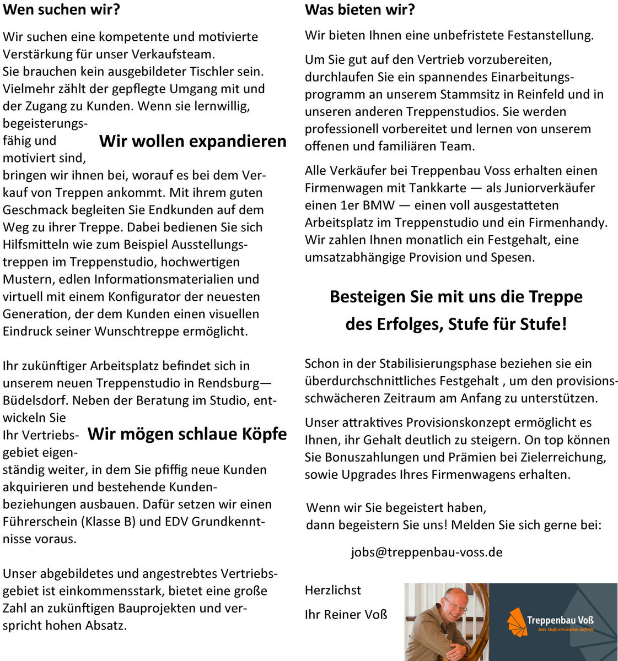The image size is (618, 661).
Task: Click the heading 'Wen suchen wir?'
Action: (x=62, y=9)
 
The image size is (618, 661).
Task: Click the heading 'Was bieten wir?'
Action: (x=359, y=9)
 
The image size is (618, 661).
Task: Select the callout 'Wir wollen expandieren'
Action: (x=193, y=142)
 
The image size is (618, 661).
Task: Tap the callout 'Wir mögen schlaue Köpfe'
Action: (x=187, y=434)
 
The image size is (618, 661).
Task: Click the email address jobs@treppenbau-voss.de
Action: (x=426, y=552)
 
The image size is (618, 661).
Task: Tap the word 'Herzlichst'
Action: (x=333, y=590)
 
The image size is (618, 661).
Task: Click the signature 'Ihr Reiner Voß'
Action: (x=346, y=614)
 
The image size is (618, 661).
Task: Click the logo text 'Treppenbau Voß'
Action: (x=560, y=620)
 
